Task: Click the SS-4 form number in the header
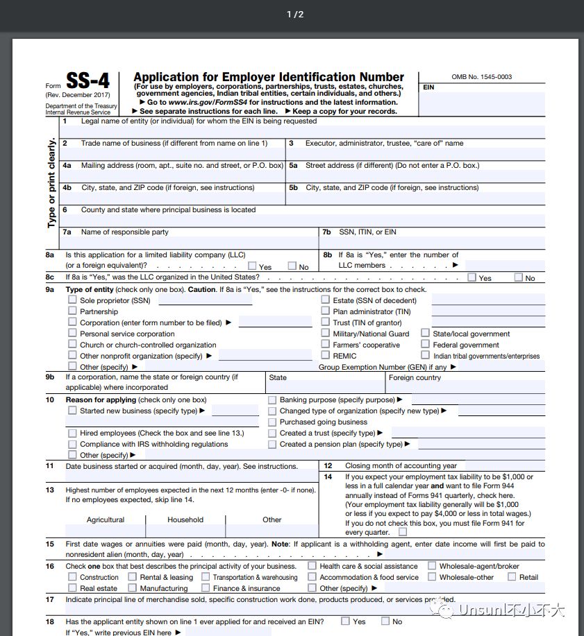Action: pos(87,82)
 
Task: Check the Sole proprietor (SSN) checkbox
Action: pos(72,300)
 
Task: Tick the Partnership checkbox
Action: pos(72,311)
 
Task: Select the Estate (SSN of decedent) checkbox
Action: pos(326,300)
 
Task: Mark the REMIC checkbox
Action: pos(326,355)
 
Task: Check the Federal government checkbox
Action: pos(425,344)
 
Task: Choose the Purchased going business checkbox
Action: pos(273,422)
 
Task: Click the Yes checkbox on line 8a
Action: pos(252,266)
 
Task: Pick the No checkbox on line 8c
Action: pos(519,277)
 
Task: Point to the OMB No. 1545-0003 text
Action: pos(481,77)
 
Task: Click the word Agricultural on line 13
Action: pos(106,519)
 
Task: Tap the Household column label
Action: pos(185,519)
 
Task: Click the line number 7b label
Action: pos(327,232)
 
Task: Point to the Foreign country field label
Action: pos(415,378)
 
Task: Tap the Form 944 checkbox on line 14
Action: pos(403,532)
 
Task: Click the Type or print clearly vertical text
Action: pos(52,183)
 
